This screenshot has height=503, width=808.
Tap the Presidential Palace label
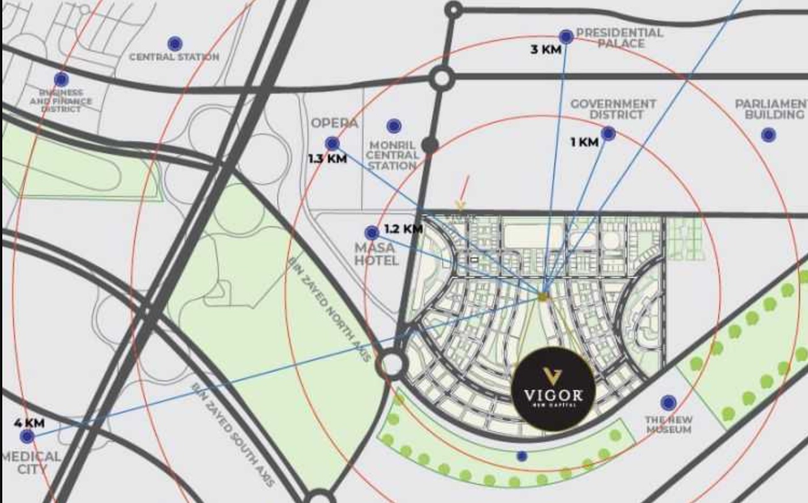[620, 38]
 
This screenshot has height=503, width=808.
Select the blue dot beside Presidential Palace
[566, 37]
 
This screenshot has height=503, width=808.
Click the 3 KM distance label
[545, 49]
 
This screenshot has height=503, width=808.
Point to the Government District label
[613, 109]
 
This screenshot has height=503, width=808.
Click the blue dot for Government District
[608, 134]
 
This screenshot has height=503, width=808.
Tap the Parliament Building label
[772, 109]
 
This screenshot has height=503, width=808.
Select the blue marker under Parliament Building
[768, 136]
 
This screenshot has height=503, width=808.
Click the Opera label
[334, 124]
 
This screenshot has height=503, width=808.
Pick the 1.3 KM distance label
[328, 159]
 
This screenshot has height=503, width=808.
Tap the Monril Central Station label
[392, 155]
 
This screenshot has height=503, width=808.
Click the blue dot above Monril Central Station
[394, 126]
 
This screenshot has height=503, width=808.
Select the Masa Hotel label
[376, 254]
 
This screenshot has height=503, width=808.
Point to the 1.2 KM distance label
[403, 229]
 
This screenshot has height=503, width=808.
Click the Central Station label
[174, 57]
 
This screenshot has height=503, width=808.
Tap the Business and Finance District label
[61, 100]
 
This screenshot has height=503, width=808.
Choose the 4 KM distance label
[29, 423]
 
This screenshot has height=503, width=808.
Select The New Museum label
[668, 425]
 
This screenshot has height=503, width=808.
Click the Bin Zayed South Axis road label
[233, 435]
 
